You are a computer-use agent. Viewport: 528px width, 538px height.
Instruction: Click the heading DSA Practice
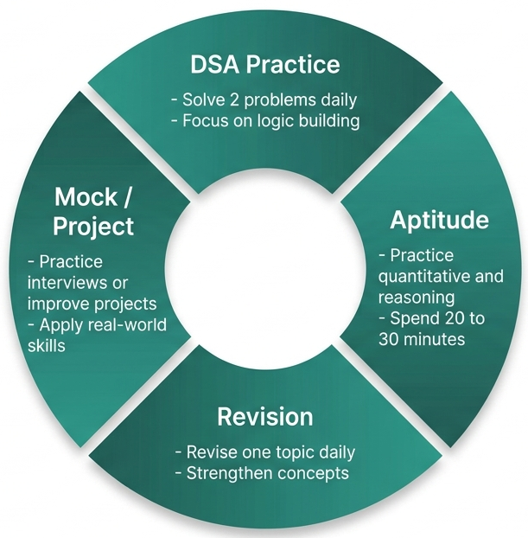point(264,65)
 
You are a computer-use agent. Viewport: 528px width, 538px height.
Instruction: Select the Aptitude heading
point(439,220)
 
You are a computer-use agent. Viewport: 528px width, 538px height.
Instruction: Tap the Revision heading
point(264,416)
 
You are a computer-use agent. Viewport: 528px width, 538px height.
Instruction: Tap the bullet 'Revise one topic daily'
point(264,452)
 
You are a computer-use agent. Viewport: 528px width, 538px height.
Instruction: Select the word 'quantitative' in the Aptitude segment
point(427,277)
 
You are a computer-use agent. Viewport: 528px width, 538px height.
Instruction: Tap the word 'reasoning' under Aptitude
point(411,298)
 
